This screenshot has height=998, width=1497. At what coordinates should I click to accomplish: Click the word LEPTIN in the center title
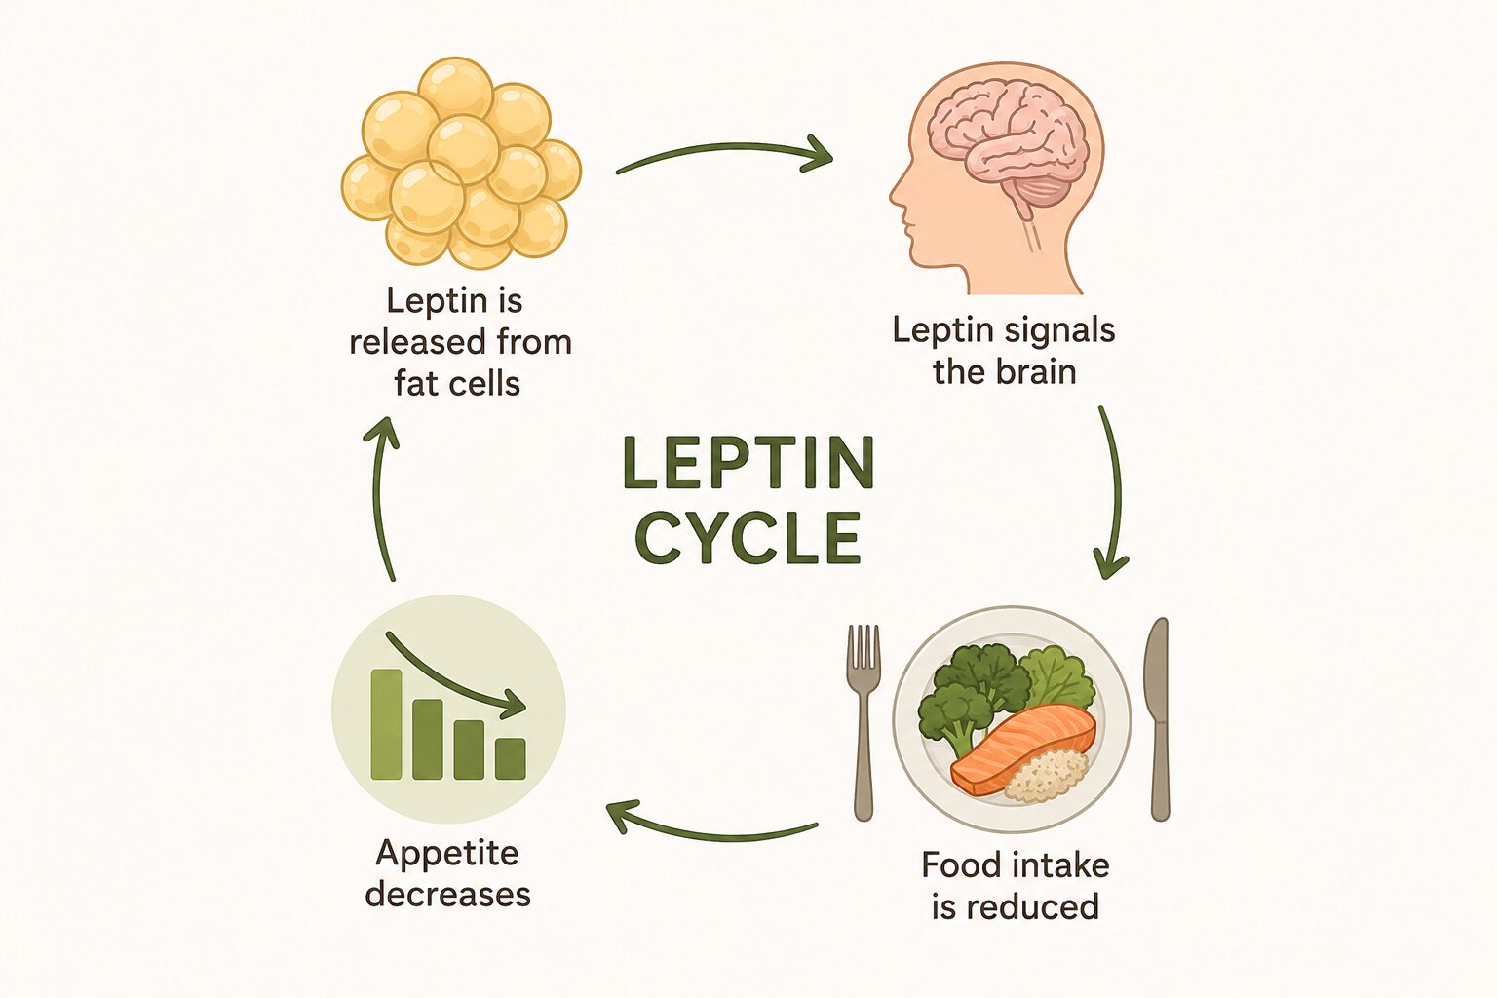pos(748,463)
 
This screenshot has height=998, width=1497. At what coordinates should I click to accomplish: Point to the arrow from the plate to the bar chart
pos(711,833)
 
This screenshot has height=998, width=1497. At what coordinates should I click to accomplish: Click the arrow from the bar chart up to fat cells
pos(378,498)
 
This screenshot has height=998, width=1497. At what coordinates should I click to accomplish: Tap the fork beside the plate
pos(863,722)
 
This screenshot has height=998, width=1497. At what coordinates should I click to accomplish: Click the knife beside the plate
pos(1158,719)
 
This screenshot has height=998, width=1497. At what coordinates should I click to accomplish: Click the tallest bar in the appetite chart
pos(386,724)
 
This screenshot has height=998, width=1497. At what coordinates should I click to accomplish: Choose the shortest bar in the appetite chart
pos(510,758)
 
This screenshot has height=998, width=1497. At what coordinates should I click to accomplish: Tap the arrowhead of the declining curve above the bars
pos(514,706)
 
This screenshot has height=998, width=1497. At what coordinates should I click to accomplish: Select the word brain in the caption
pos(1038,371)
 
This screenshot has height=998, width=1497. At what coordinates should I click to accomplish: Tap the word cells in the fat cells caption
pos(484,383)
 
